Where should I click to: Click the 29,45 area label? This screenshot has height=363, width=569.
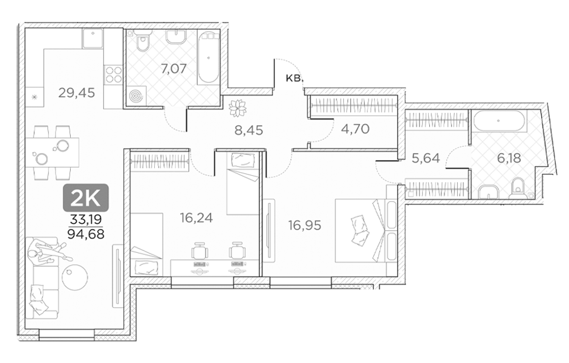pyautogui.click(x=76, y=93)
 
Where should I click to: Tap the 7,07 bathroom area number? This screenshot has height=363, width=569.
pyautogui.click(x=174, y=68)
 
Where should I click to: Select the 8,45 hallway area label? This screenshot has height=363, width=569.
pyautogui.click(x=248, y=130)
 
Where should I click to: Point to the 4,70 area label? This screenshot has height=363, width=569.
pyautogui.click(x=355, y=128)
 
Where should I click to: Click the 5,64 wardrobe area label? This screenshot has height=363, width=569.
pyautogui.click(x=425, y=158)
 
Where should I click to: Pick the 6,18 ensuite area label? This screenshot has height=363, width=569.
pyautogui.click(x=509, y=158)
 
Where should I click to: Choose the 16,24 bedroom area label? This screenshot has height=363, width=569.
pyautogui.click(x=197, y=218)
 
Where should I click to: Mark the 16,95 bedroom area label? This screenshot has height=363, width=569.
pyautogui.click(x=305, y=225)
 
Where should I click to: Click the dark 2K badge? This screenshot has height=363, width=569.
pyautogui.click(x=86, y=198)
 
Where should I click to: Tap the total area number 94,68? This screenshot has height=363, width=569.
pyautogui.click(x=86, y=234)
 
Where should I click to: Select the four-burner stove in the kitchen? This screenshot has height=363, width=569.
pyautogui.click(x=113, y=75)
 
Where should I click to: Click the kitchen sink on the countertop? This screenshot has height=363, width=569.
pyautogui.click(x=92, y=39)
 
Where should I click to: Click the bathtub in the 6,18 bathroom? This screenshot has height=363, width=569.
pyautogui.click(x=498, y=121)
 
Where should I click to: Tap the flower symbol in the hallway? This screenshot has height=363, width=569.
pyautogui.click(x=237, y=108)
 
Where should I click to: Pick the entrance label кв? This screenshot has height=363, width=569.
pyautogui.click(x=293, y=78)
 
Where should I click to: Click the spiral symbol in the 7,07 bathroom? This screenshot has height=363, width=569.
pyautogui.click(x=137, y=96)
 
